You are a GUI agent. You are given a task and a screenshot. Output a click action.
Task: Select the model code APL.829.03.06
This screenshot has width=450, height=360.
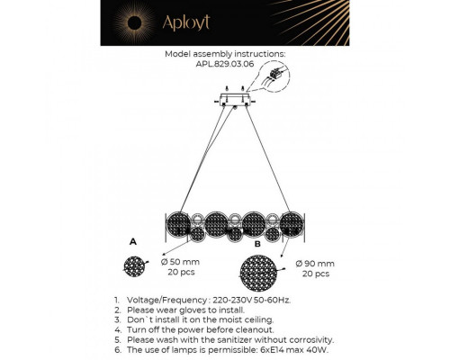point(225,66)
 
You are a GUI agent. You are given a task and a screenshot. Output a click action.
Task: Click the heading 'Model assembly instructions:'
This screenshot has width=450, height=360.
point(225,54)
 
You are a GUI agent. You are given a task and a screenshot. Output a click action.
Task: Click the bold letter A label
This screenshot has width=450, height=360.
point(132,243)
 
